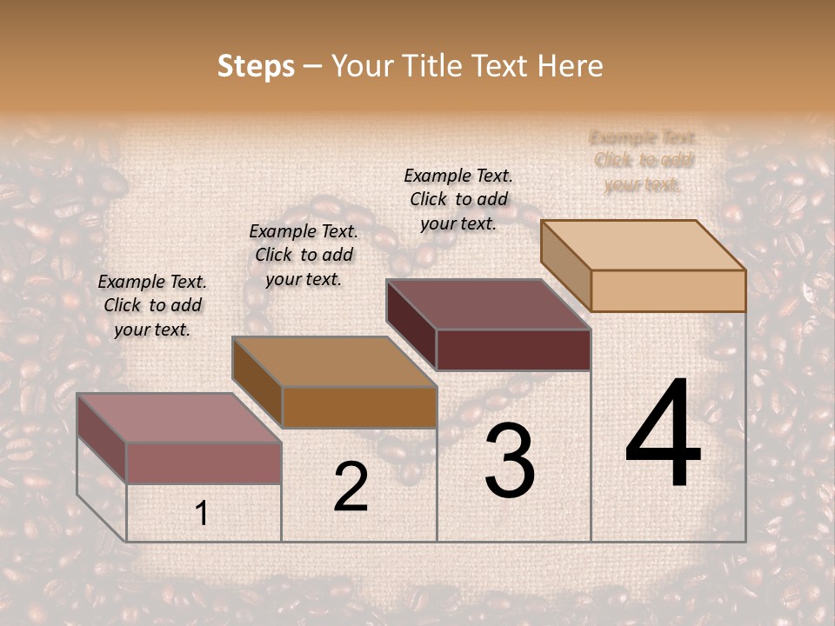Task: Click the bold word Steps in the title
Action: [256, 66]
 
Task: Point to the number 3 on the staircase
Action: [509, 461]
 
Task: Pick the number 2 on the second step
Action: [351, 486]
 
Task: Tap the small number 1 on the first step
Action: [201, 514]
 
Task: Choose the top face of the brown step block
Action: [334, 362]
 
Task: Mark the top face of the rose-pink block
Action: [179, 418]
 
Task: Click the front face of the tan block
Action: [668, 290]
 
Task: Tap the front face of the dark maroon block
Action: [513, 350]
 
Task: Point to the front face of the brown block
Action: [359, 407]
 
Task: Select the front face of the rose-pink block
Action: [204, 463]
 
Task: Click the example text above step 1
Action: [152, 305]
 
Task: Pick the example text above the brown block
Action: [304, 255]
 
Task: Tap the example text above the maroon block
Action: [458, 199]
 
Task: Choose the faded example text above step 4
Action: [643, 160]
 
